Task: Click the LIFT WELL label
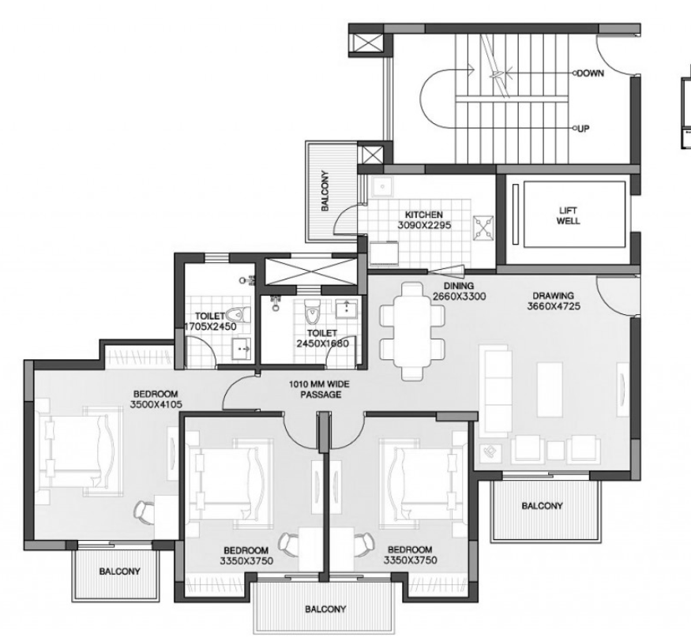[568, 215]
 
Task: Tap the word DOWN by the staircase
[590, 73]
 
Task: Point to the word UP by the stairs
[583, 129]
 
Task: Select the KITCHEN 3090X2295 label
[424, 219]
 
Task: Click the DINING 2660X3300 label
[459, 290]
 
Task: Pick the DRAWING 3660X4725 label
[554, 301]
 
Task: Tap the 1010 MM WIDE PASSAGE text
[319, 389]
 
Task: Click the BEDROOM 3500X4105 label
[156, 399]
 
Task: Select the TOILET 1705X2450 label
[210, 321]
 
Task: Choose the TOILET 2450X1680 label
[322, 338]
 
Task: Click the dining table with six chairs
[411, 332]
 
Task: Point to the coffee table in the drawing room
[550, 389]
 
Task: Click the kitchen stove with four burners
[483, 228]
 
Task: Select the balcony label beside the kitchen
[325, 191]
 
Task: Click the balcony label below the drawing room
[542, 506]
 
